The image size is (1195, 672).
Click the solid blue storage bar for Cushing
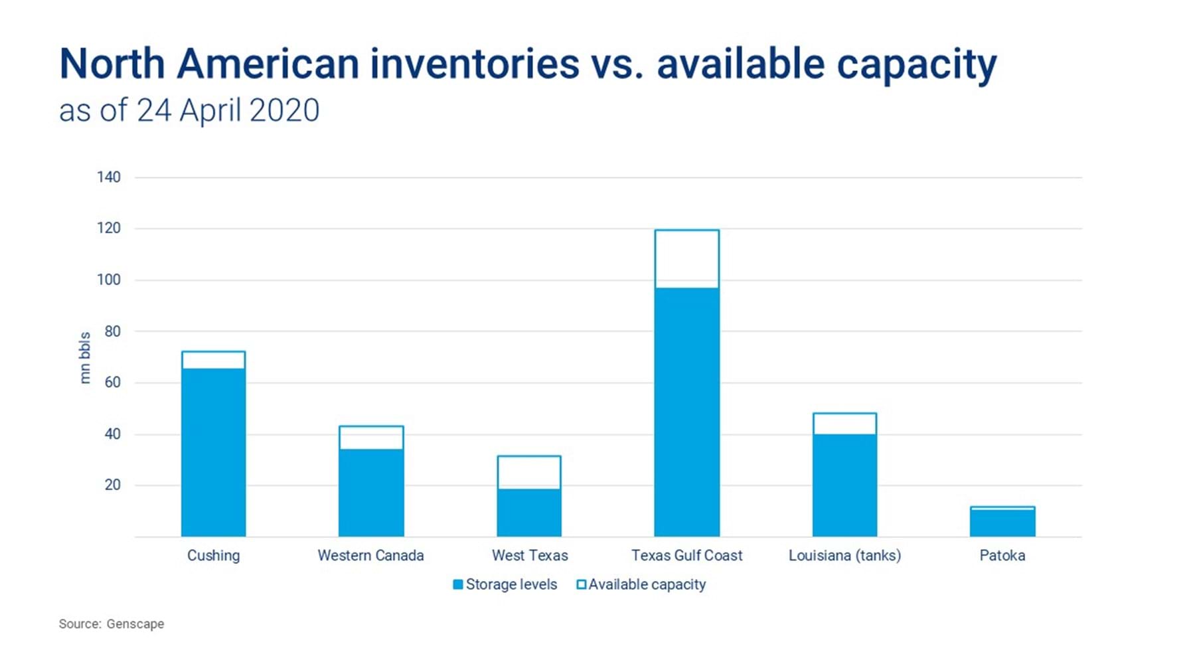coord(213,452)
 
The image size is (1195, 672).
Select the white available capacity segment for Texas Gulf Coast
coord(686,259)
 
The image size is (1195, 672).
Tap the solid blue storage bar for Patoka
coord(1002,523)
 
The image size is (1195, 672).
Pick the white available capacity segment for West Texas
coord(529,473)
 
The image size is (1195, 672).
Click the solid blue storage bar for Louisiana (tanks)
coord(844,485)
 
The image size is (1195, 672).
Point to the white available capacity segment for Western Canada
coord(371,438)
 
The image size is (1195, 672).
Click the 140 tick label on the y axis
coord(108,177)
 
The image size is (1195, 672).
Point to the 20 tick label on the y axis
coord(112,485)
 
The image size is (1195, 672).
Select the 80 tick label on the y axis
coord(112,331)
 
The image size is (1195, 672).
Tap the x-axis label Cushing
coord(213,555)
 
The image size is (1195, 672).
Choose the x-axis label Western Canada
coord(370,555)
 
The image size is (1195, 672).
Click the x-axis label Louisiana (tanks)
coord(844,555)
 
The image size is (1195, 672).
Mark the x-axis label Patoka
coord(1002,555)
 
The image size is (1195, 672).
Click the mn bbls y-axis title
coord(85,358)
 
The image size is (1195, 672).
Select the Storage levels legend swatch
coord(457,584)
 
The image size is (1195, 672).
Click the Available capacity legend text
coord(647,584)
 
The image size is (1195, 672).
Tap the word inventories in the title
coord(475,64)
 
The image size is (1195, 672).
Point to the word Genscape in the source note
coord(135,624)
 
